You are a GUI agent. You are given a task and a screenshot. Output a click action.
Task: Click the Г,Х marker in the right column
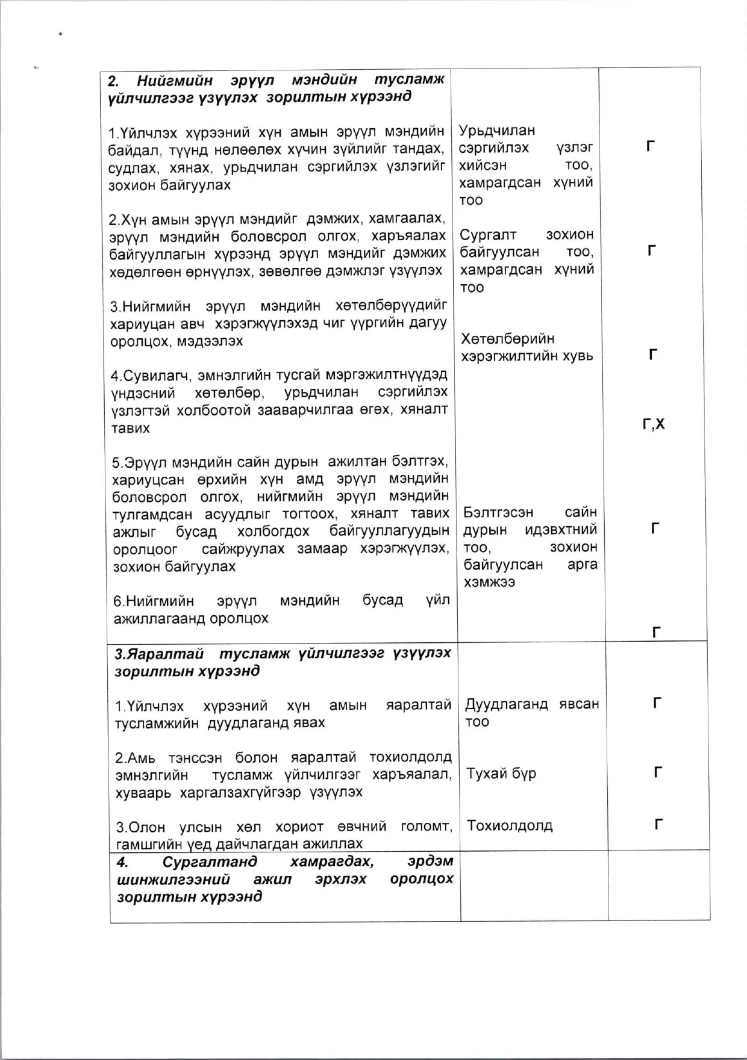tap(654, 424)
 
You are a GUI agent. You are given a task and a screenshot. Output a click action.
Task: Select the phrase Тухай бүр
tap(501, 773)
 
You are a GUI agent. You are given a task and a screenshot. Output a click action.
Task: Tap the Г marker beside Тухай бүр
tap(658, 772)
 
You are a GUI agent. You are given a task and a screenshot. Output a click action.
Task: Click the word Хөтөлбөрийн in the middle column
tap(508, 339)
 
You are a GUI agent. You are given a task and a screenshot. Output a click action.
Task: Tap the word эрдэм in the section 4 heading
tap(431, 861)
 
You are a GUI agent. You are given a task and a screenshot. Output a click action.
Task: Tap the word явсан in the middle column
tap(578, 704)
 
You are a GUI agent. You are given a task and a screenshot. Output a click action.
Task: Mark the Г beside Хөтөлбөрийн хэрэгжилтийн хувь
tap(653, 355)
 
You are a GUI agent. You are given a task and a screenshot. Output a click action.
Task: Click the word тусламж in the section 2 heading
tap(409, 80)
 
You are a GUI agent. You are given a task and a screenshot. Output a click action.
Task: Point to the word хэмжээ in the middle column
tap(489, 582)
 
